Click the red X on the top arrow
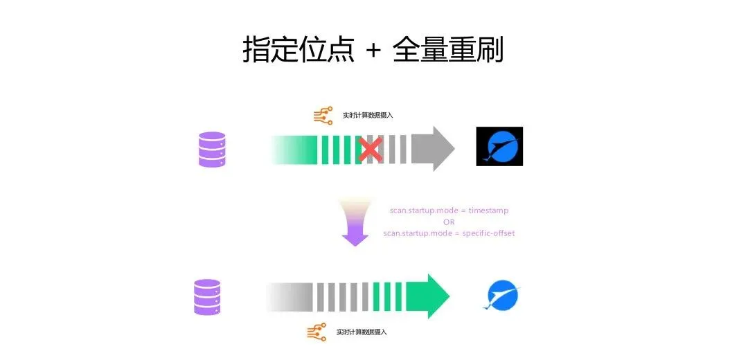371,149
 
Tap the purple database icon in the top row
212,149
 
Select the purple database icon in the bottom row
208,297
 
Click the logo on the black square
499,146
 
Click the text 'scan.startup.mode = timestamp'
449,210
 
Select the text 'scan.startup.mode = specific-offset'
449,233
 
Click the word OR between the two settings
449,222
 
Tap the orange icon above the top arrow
323,115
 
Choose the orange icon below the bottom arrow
317,332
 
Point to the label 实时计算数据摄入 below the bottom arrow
361,332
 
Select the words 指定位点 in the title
299,50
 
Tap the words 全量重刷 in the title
447,50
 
